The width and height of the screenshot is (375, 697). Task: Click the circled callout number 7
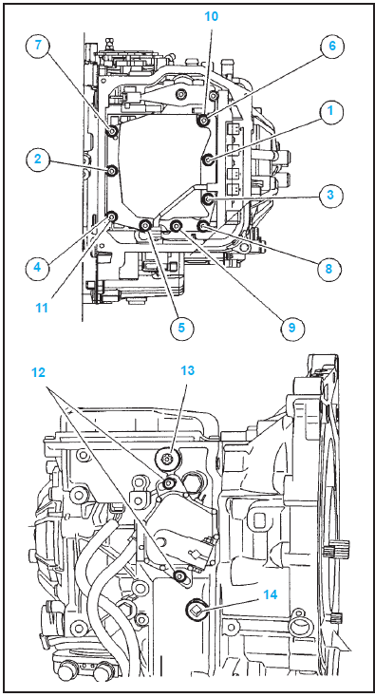point(38,47)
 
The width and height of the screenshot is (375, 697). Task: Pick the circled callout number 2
point(38,159)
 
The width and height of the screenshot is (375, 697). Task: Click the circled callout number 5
point(181,328)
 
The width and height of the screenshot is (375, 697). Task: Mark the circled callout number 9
point(291,328)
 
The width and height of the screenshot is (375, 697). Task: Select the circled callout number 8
point(328,268)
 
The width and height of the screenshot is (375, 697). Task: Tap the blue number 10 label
point(212,16)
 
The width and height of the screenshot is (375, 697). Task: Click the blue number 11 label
point(42,308)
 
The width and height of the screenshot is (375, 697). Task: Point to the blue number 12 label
point(39,372)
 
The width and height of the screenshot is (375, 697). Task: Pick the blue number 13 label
point(188,370)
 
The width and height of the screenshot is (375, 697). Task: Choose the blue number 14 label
point(271,594)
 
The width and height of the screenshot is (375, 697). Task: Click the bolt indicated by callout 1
point(208,160)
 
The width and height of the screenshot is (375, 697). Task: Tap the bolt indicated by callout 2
point(112,170)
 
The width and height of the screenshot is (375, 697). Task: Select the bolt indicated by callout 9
point(176,226)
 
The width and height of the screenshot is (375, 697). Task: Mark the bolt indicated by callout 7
point(112,131)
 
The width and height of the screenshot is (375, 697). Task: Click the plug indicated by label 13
point(167,458)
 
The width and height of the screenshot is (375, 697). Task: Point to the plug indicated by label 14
point(196,608)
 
